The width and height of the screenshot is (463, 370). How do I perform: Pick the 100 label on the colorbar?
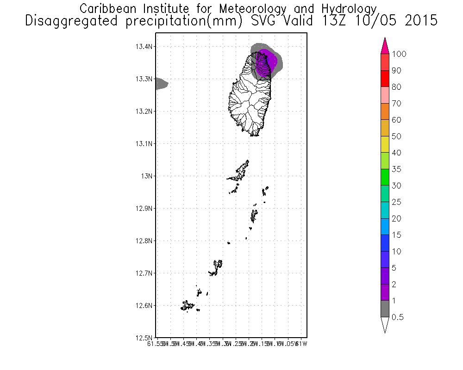pos(399,54)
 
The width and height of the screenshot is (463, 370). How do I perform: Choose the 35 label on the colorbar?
pos(396,169)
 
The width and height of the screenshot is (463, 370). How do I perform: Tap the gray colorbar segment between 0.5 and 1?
pos(384,309)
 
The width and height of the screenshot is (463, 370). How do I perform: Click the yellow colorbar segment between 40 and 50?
pos(384,145)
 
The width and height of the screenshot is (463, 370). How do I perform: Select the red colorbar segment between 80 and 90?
pos(384,79)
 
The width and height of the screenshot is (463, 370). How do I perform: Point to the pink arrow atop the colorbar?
pos(384,46)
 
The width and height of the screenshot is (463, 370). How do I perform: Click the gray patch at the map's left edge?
pos(161,84)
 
